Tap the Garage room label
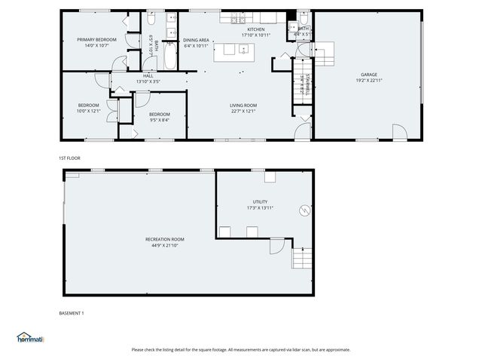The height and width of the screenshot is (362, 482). pyautogui.click(x=369, y=75)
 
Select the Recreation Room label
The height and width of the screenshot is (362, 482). pyautogui.click(x=164, y=239)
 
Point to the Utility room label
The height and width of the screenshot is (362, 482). pyautogui.click(x=260, y=203)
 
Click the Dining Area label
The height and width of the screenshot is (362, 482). pyautogui.click(x=196, y=40)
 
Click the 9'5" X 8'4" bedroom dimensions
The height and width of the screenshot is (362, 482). pyautogui.click(x=159, y=119)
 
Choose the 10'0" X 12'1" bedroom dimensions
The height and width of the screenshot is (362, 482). pyautogui.click(x=88, y=111)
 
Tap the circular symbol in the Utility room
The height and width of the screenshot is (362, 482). pyautogui.click(x=304, y=211)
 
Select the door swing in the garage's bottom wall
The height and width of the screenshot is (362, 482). pyautogui.click(x=398, y=132)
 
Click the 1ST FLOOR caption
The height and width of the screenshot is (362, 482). pyautogui.click(x=69, y=158)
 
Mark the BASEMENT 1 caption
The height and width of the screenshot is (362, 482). pyautogui.click(x=72, y=313)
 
